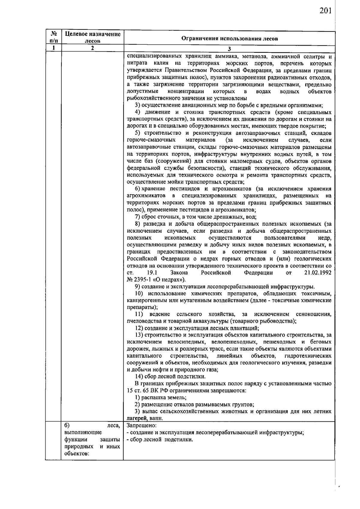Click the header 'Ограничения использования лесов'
(x=230, y=38)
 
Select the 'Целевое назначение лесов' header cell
(x=93, y=37)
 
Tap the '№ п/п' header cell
(x=53, y=37)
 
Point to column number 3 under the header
(x=229, y=49)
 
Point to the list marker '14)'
(x=138, y=376)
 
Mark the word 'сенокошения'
(x=313, y=314)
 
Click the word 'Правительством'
(x=184, y=70)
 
